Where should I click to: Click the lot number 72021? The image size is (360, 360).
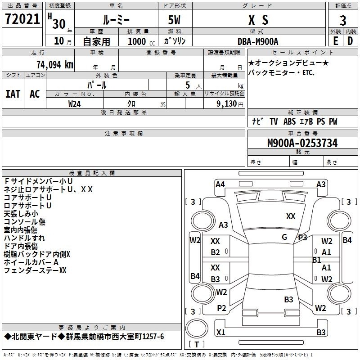tap(22, 19)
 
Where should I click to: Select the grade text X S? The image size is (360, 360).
tap(258, 20)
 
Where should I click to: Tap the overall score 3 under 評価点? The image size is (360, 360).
tap(343, 21)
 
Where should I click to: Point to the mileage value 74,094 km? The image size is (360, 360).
tap(55, 65)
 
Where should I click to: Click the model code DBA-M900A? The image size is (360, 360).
tap(258, 41)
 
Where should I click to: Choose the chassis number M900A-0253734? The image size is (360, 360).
tap(302, 143)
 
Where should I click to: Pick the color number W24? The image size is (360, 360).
tap(74, 104)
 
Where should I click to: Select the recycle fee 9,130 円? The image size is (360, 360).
tap(230, 104)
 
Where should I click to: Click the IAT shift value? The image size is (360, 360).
tap(13, 94)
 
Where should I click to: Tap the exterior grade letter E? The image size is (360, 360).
tap(336, 41)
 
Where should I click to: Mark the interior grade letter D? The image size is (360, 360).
tap(350, 41)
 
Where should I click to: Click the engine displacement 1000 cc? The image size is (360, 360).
tap(141, 41)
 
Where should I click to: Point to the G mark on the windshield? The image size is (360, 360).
tap(284, 237)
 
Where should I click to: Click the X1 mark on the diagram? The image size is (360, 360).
tap(220, 332)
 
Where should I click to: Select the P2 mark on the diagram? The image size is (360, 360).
tap(221, 308)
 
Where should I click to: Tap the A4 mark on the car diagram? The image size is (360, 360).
tap(220, 184)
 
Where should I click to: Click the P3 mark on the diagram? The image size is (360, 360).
tap(302, 238)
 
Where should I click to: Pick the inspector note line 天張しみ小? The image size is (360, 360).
tap(21, 214)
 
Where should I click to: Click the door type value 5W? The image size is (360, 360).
tap(174, 20)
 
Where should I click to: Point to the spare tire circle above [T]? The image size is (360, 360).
tap(197, 328)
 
